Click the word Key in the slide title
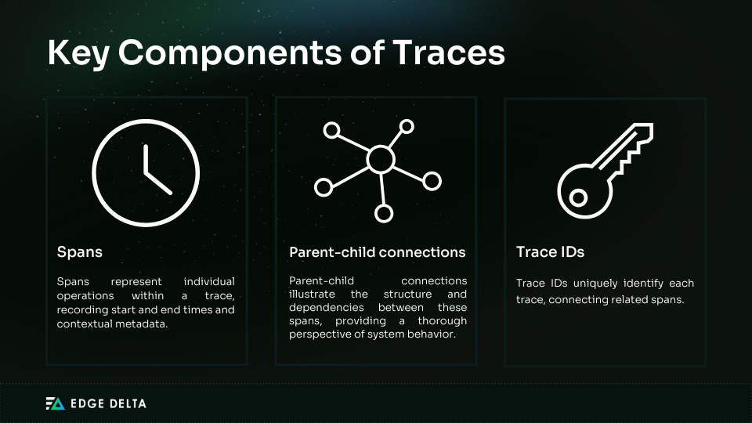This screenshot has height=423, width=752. (76, 52)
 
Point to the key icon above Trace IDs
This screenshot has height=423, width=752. (605, 171)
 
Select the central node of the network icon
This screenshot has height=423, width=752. (381, 160)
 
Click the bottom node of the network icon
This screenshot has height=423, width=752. (383, 212)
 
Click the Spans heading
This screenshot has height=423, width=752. (80, 252)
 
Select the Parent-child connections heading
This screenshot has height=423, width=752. (378, 252)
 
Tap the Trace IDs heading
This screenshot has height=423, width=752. (550, 252)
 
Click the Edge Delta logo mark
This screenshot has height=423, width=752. (55, 403)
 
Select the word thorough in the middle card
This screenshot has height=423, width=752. (439, 321)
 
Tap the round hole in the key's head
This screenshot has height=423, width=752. (578, 198)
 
